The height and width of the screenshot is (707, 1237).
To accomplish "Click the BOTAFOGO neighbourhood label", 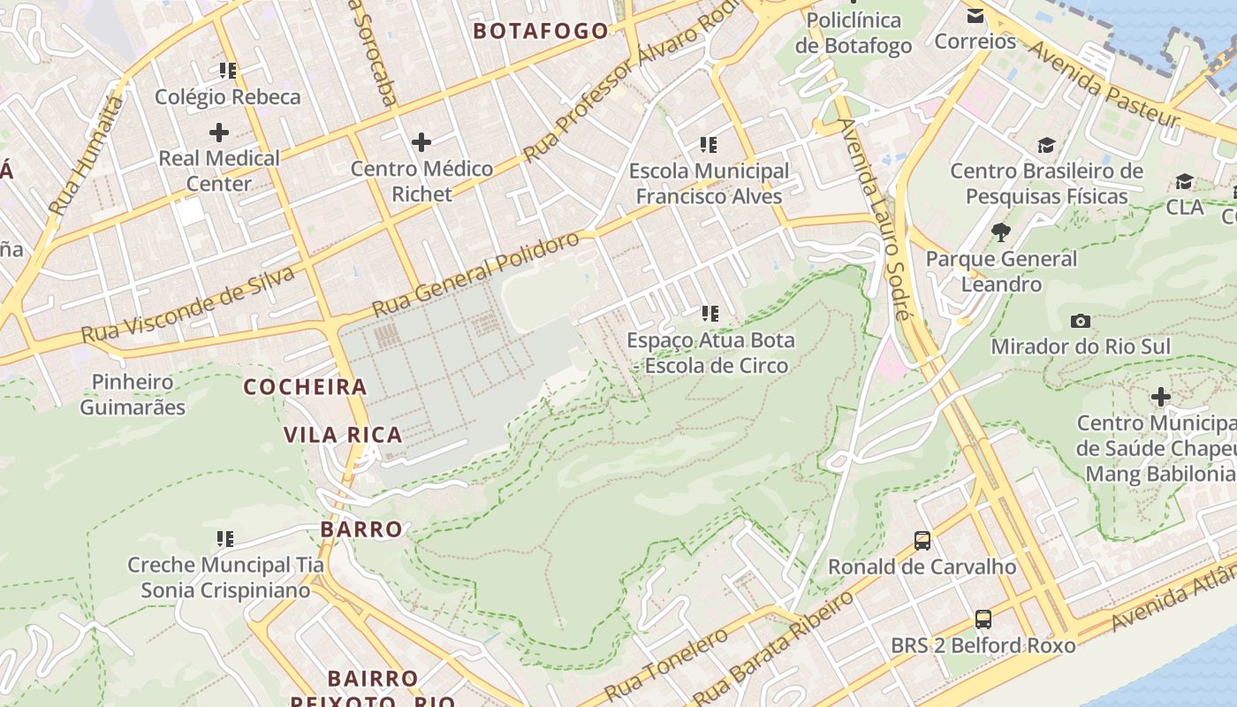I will [541, 31].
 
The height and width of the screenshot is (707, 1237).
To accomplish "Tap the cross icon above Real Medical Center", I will [218, 133].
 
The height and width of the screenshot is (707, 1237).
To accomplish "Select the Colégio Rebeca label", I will [228, 97].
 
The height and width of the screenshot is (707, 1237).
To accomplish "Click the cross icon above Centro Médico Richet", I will [421, 141].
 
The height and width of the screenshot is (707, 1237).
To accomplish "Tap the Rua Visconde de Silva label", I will [187, 305].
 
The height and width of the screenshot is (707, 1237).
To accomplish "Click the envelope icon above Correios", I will [975, 16].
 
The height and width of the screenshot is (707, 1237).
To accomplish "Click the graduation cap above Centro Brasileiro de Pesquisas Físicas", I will [1046, 146].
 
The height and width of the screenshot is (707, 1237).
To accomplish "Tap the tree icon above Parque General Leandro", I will [1001, 232].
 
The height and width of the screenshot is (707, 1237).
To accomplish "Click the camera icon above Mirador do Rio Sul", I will [1080, 321].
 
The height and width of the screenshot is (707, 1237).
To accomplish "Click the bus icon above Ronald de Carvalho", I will [922, 540].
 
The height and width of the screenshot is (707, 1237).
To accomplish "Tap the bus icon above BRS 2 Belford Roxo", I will [983, 620].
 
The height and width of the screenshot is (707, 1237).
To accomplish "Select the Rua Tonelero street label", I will [667, 663].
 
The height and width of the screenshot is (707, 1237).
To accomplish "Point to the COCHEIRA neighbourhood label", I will [305, 387].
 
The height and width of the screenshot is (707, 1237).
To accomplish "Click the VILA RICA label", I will [343, 435].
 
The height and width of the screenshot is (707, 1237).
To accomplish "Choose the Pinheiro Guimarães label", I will [133, 394].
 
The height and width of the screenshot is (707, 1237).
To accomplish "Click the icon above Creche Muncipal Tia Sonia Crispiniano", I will [225, 538].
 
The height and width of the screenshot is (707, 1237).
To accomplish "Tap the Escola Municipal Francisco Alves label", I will [709, 183].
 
